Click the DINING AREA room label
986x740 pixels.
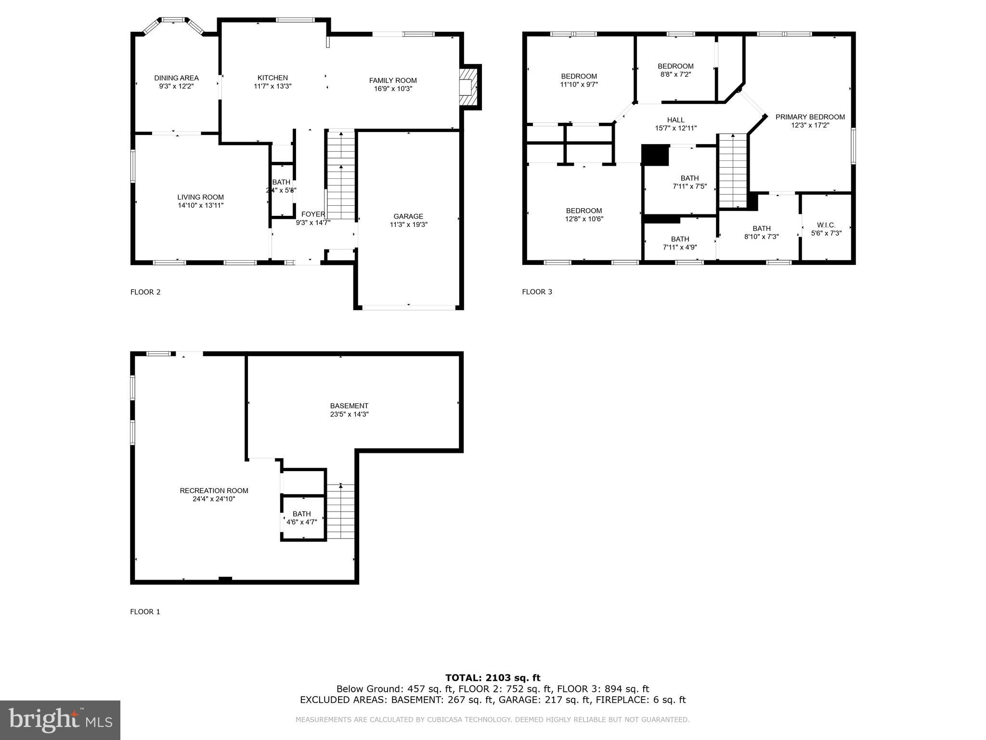[176, 78]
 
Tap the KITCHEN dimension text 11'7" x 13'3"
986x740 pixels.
[272, 86]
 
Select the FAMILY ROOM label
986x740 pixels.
[393, 80]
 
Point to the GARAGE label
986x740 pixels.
[408, 216]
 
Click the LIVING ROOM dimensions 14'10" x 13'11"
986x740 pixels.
[200, 205]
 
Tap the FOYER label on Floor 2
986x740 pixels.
[313, 214]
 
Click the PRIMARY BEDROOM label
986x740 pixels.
[810, 117]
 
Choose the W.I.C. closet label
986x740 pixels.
[826, 225]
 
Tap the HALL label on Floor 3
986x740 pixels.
[675, 120]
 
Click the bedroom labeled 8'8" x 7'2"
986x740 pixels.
[675, 70]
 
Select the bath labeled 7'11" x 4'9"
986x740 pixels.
[680, 243]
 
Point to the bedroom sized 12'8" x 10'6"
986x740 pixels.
[584, 214]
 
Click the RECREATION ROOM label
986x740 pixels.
[214, 490]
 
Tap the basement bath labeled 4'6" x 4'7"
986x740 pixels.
[302, 517]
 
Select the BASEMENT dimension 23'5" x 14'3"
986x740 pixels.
[349, 414]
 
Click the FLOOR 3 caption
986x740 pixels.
[537, 291]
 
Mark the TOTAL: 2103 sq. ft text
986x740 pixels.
[493, 678]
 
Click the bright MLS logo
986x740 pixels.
[60, 720]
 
